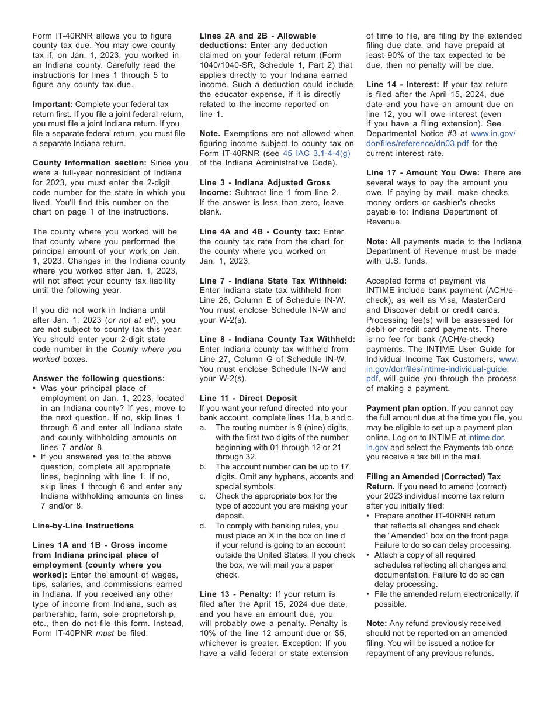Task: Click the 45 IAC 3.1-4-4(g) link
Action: [316, 153]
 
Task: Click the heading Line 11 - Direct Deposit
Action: [248, 398]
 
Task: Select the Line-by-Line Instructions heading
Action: [83, 526]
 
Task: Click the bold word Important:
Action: [53, 104]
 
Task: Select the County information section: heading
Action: [89, 163]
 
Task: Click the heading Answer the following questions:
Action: [99, 378]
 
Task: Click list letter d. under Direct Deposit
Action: [203, 526]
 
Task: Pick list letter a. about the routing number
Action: [203, 428]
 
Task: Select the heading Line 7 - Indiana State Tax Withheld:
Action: [273, 281]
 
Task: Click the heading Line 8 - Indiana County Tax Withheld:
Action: [277, 339]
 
